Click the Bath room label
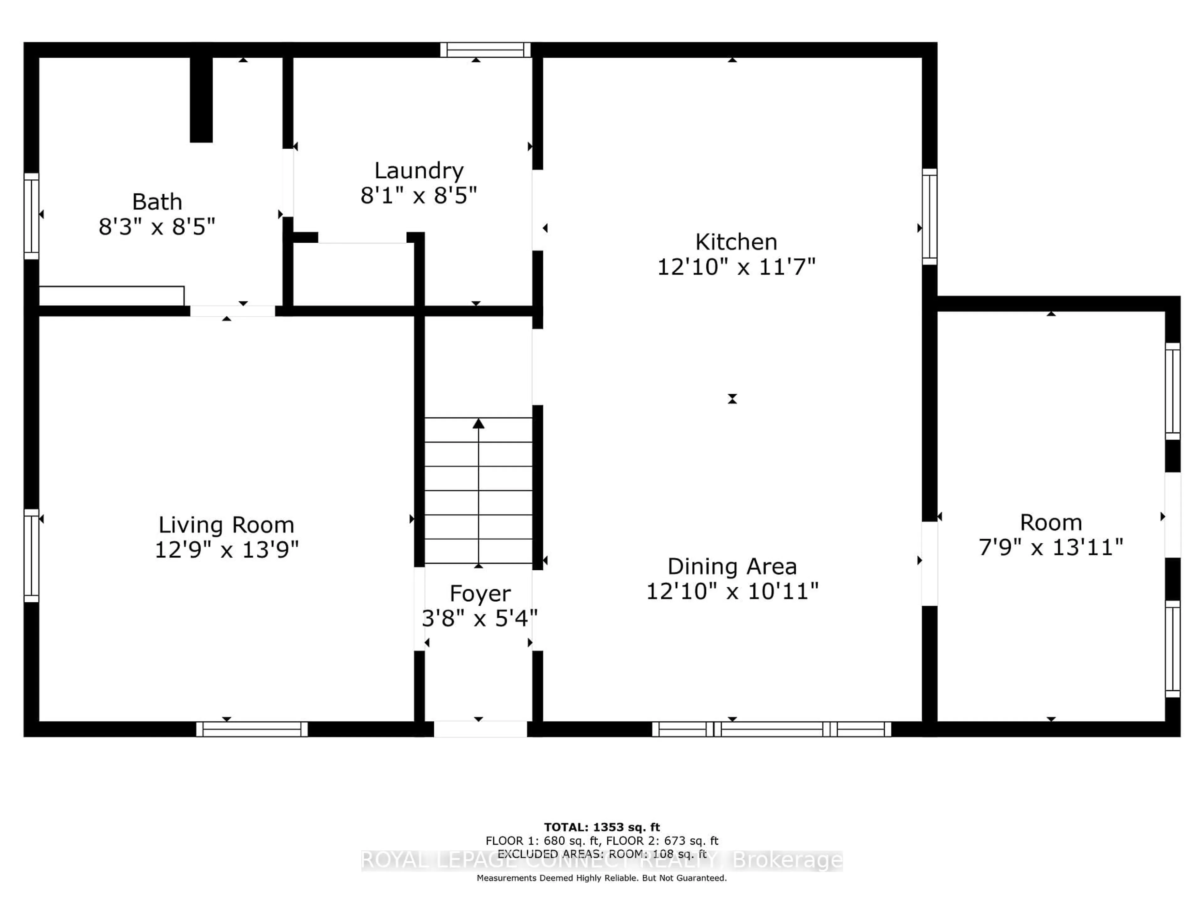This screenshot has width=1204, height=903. tap(157, 202)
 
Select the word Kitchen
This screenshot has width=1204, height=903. tap(736, 242)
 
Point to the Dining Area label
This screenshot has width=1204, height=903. tap(732, 567)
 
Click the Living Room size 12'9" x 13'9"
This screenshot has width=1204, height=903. tap(226, 550)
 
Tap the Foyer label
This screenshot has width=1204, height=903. tap(480, 593)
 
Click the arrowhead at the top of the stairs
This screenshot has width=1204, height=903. tap(478, 424)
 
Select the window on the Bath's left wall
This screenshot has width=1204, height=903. tap(32, 216)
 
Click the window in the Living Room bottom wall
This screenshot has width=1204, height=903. tap(252, 729)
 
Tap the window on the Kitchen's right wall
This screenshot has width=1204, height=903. tap(930, 217)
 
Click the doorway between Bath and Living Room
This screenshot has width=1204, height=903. tap(232, 311)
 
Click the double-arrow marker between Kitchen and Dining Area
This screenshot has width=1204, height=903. tap(732, 399)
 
